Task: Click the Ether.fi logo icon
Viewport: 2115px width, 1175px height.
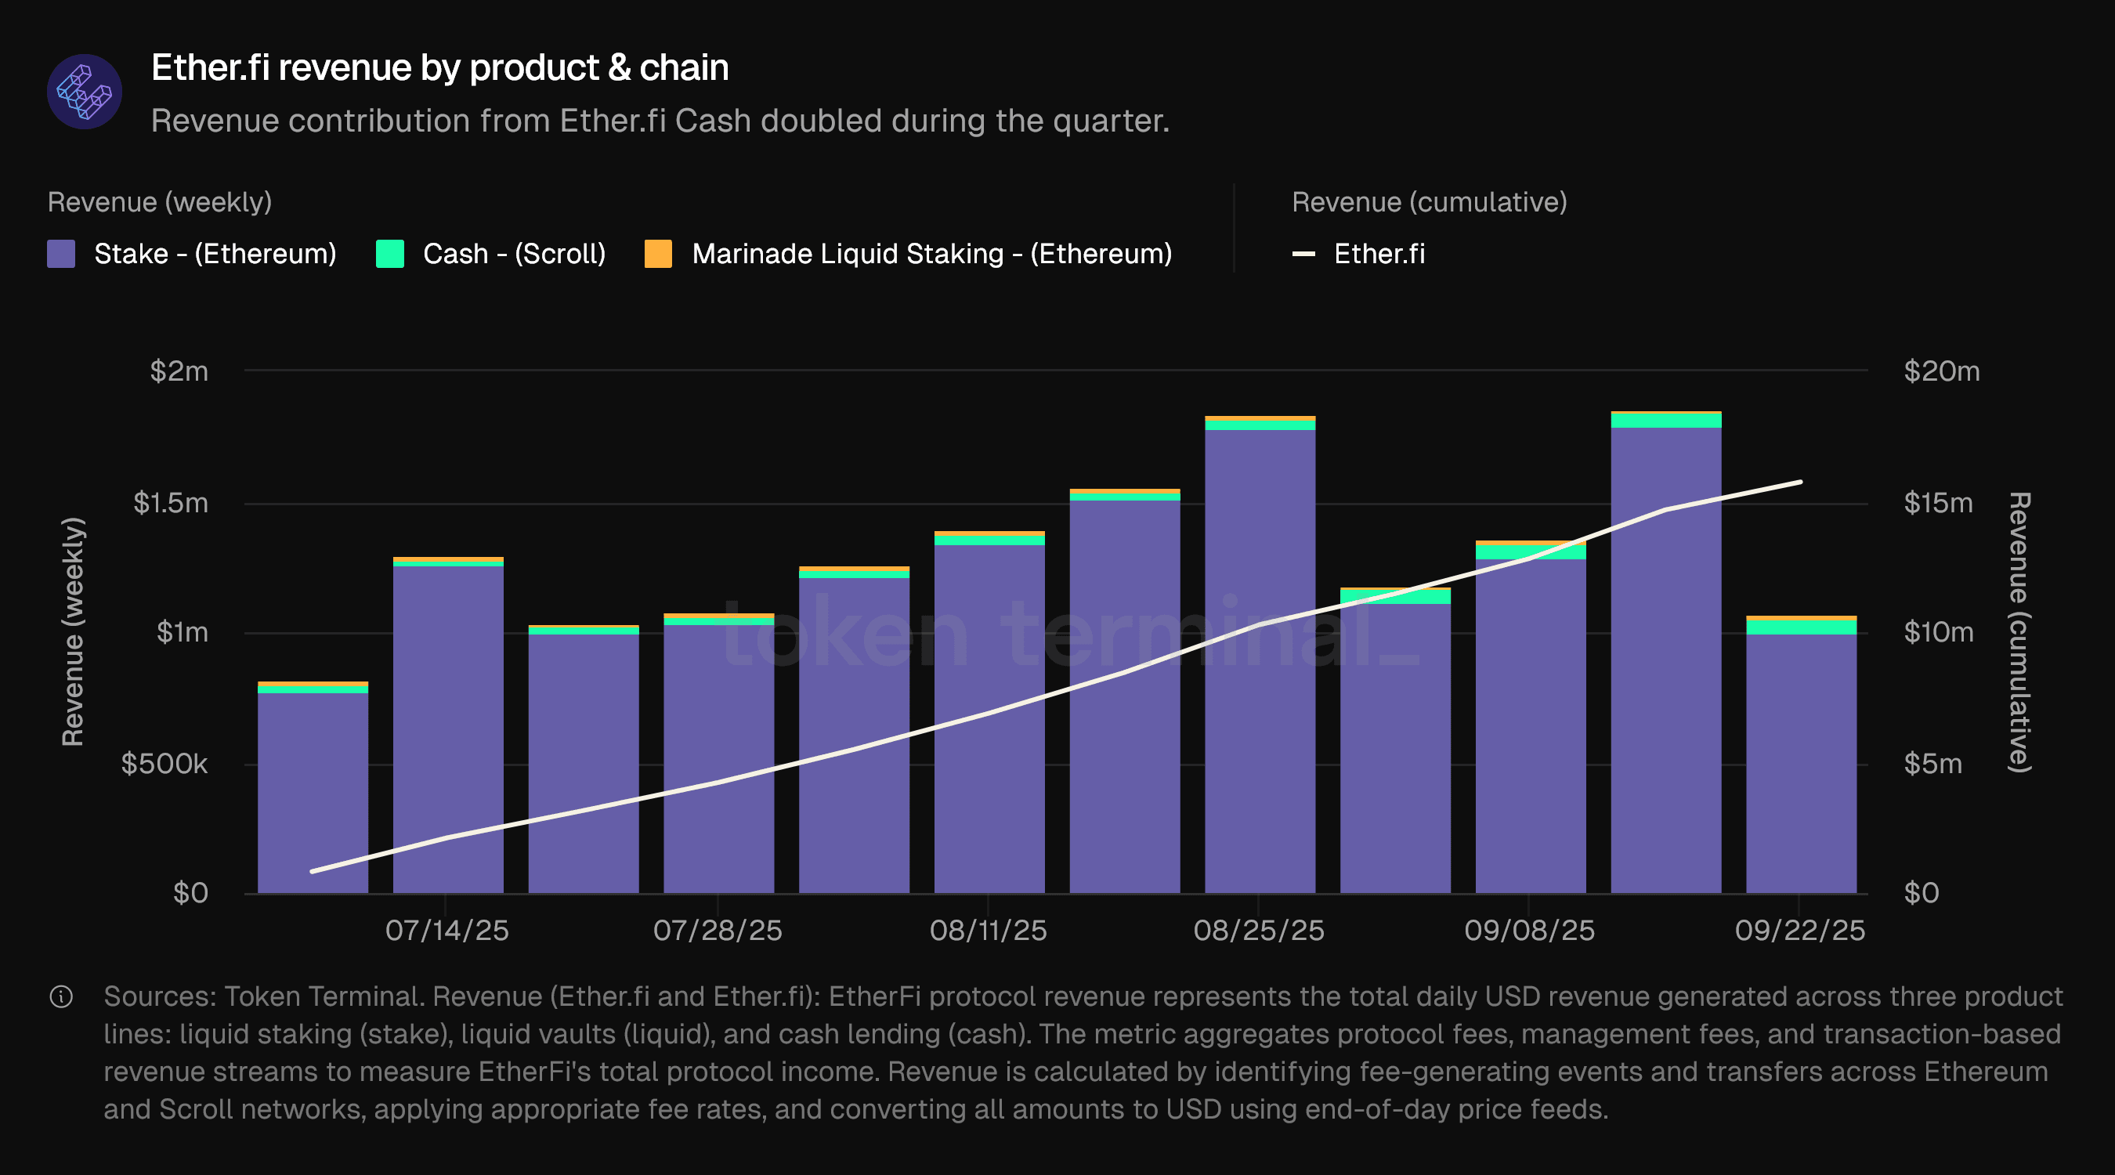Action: click(x=85, y=92)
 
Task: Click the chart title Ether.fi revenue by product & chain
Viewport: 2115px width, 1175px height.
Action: click(x=439, y=67)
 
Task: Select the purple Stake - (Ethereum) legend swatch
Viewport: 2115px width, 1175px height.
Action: click(x=62, y=254)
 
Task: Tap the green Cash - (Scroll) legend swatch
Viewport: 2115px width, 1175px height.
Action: click(x=390, y=254)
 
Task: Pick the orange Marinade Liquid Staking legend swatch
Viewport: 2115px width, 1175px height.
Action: click(x=659, y=254)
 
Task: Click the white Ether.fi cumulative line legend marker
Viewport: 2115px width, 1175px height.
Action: click(x=1303, y=254)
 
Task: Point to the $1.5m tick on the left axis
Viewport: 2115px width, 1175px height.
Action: click(x=171, y=503)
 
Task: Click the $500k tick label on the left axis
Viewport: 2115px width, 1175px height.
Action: click(x=164, y=764)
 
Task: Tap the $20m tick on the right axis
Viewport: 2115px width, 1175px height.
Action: click(x=1941, y=371)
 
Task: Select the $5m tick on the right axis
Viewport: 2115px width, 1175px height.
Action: click(x=1932, y=764)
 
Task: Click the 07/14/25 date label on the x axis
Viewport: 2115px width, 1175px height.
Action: click(x=446, y=931)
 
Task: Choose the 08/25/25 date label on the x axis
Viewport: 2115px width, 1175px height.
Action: click(x=1258, y=931)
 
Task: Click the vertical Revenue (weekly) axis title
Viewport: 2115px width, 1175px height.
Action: click(x=73, y=631)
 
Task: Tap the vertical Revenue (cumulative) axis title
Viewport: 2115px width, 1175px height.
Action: click(x=2019, y=631)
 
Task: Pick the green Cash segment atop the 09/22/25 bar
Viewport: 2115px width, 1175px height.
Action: click(x=1801, y=627)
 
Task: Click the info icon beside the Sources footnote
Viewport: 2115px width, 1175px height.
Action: click(x=62, y=997)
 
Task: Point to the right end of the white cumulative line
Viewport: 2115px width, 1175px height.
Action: click(x=1801, y=482)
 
